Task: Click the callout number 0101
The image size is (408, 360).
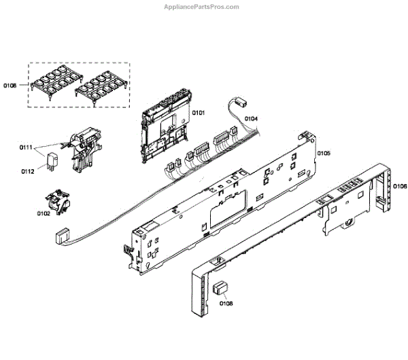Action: pyautogui.click(x=199, y=112)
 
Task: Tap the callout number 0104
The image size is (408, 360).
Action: pyautogui.click(x=251, y=119)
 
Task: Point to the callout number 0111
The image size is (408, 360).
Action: pyautogui.click(x=27, y=147)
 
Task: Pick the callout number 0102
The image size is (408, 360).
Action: pyautogui.click(x=43, y=213)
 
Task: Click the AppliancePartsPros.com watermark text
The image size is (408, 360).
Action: pyautogui.click(x=202, y=7)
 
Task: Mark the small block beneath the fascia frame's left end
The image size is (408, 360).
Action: pyautogui.click(x=220, y=288)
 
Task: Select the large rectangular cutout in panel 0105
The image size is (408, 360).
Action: pyautogui.click(x=224, y=209)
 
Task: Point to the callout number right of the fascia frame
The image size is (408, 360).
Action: pyautogui.click(x=400, y=186)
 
